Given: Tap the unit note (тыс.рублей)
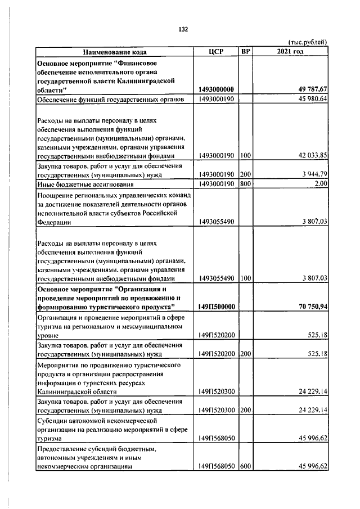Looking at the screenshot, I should [308, 42].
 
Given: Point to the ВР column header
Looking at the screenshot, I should [245, 52].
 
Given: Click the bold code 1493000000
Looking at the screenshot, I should [217, 89].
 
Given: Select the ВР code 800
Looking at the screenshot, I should [245, 184].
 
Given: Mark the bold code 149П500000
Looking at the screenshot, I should [217, 307].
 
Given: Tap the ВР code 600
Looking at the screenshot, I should [245, 466].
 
